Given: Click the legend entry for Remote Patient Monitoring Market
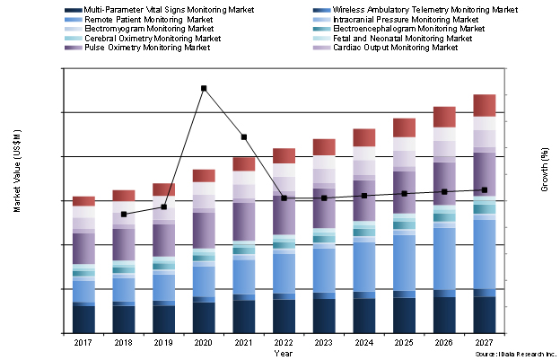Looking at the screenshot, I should [148, 19].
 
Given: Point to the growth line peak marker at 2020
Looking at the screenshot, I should [204, 88].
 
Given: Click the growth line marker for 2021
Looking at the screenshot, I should [244, 136].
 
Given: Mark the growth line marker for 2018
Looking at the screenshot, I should [124, 215].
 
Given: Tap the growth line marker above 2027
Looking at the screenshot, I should [485, 189].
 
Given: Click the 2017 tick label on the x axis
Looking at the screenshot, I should [83, 342].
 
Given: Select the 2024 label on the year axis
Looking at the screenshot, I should [364, 342].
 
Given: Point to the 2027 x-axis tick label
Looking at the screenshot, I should [485, 342].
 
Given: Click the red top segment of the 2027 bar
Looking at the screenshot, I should [485, 105].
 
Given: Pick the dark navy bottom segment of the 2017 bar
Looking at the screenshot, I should [83, 320].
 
